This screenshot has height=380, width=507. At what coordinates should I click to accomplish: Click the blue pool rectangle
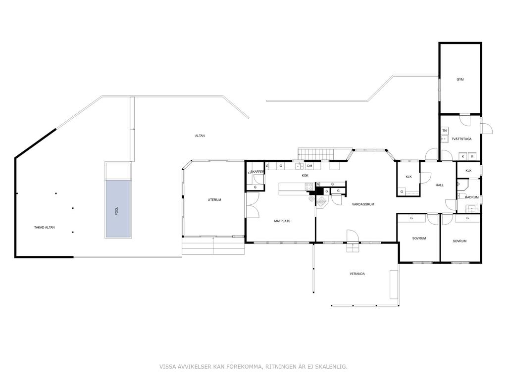point(118,208)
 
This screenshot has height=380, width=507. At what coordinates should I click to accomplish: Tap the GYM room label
point(460,79)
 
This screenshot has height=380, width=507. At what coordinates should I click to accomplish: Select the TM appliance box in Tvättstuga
point(445,131)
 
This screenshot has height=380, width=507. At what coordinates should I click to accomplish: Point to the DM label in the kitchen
point(309,166)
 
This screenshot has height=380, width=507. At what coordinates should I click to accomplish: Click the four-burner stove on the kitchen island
point(309,187)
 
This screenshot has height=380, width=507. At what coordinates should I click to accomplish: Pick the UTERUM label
point(214,200)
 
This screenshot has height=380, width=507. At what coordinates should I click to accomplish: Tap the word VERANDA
point(357,274)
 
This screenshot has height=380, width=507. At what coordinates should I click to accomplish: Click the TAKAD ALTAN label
point(44,228)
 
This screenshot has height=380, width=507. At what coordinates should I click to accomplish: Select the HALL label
point(440,185)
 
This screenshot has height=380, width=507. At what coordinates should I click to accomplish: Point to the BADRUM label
point(472,197)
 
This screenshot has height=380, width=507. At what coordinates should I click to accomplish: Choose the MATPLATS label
point(282,221)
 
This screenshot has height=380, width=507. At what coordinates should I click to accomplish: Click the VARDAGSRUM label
point(363,204)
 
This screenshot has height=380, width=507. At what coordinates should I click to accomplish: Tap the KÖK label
point(305,176)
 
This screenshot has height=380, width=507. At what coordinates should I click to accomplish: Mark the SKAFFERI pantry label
point(257,172)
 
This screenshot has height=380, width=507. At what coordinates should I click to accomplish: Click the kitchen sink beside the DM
point(299,166)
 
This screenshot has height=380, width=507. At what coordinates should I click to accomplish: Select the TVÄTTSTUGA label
point(461,139)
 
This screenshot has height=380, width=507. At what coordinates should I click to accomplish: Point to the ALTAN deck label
point(200,136)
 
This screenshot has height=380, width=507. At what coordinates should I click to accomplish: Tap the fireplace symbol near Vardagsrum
point(322,202)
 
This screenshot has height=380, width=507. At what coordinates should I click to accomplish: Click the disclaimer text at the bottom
point(253,367)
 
